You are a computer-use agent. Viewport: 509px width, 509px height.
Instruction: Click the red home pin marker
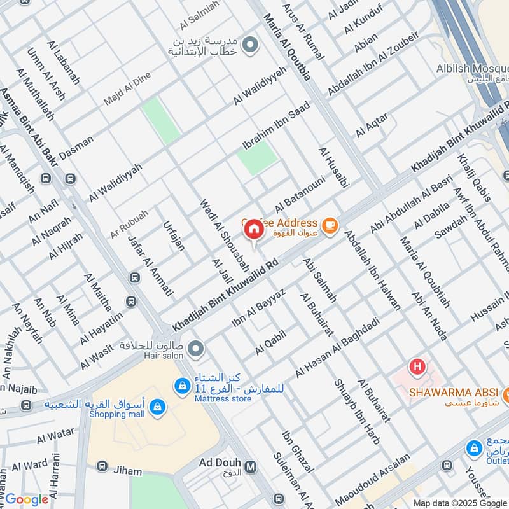pos(254,228)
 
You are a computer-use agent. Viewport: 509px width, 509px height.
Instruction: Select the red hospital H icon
pos(417,366)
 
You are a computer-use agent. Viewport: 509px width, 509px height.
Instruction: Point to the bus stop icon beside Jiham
pos(101,466)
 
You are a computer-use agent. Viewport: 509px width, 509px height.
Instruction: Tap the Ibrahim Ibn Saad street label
pos(275,125)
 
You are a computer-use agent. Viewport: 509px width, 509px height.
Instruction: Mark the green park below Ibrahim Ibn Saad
pos(258,157)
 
